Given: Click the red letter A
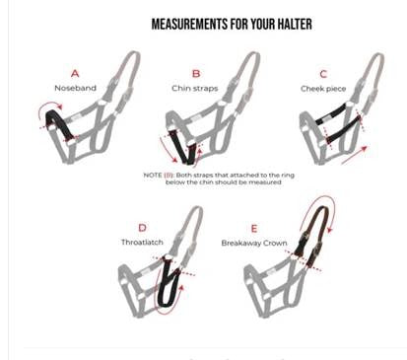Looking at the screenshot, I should (x=75, y=72).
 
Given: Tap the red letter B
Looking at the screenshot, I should (x=196, y=72).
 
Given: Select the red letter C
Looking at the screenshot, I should (x=322, y=71).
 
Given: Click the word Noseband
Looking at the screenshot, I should (x=75, y=87).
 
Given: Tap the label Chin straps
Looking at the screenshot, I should (x=196, y=87).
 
